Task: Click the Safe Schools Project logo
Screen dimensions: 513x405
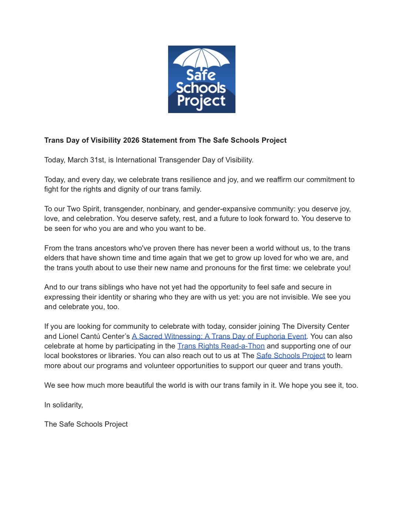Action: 201,79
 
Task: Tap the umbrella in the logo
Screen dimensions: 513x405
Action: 201,58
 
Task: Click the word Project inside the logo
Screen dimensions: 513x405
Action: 201,101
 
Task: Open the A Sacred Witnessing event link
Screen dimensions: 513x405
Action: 219,336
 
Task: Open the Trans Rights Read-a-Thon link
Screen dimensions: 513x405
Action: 221,346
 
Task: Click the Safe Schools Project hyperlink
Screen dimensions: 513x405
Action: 291,355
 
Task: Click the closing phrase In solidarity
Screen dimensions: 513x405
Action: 63,405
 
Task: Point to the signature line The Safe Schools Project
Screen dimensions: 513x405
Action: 86,424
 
